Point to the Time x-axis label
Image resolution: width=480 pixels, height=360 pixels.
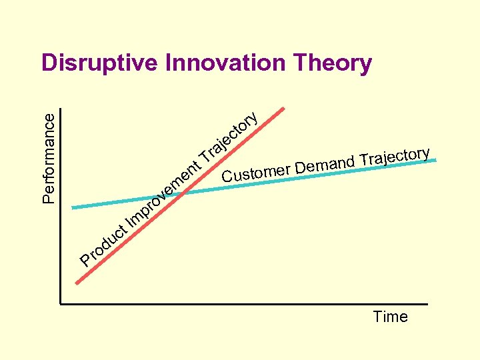point(390,317)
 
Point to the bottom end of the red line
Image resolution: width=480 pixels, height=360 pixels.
point(77,284)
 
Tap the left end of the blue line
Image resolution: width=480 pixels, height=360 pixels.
point(73,207)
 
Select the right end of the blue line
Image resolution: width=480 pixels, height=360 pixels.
point(436,160)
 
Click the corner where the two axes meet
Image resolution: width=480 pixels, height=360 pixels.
point(59,304)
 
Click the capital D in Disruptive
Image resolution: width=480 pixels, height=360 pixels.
point(49,63)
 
